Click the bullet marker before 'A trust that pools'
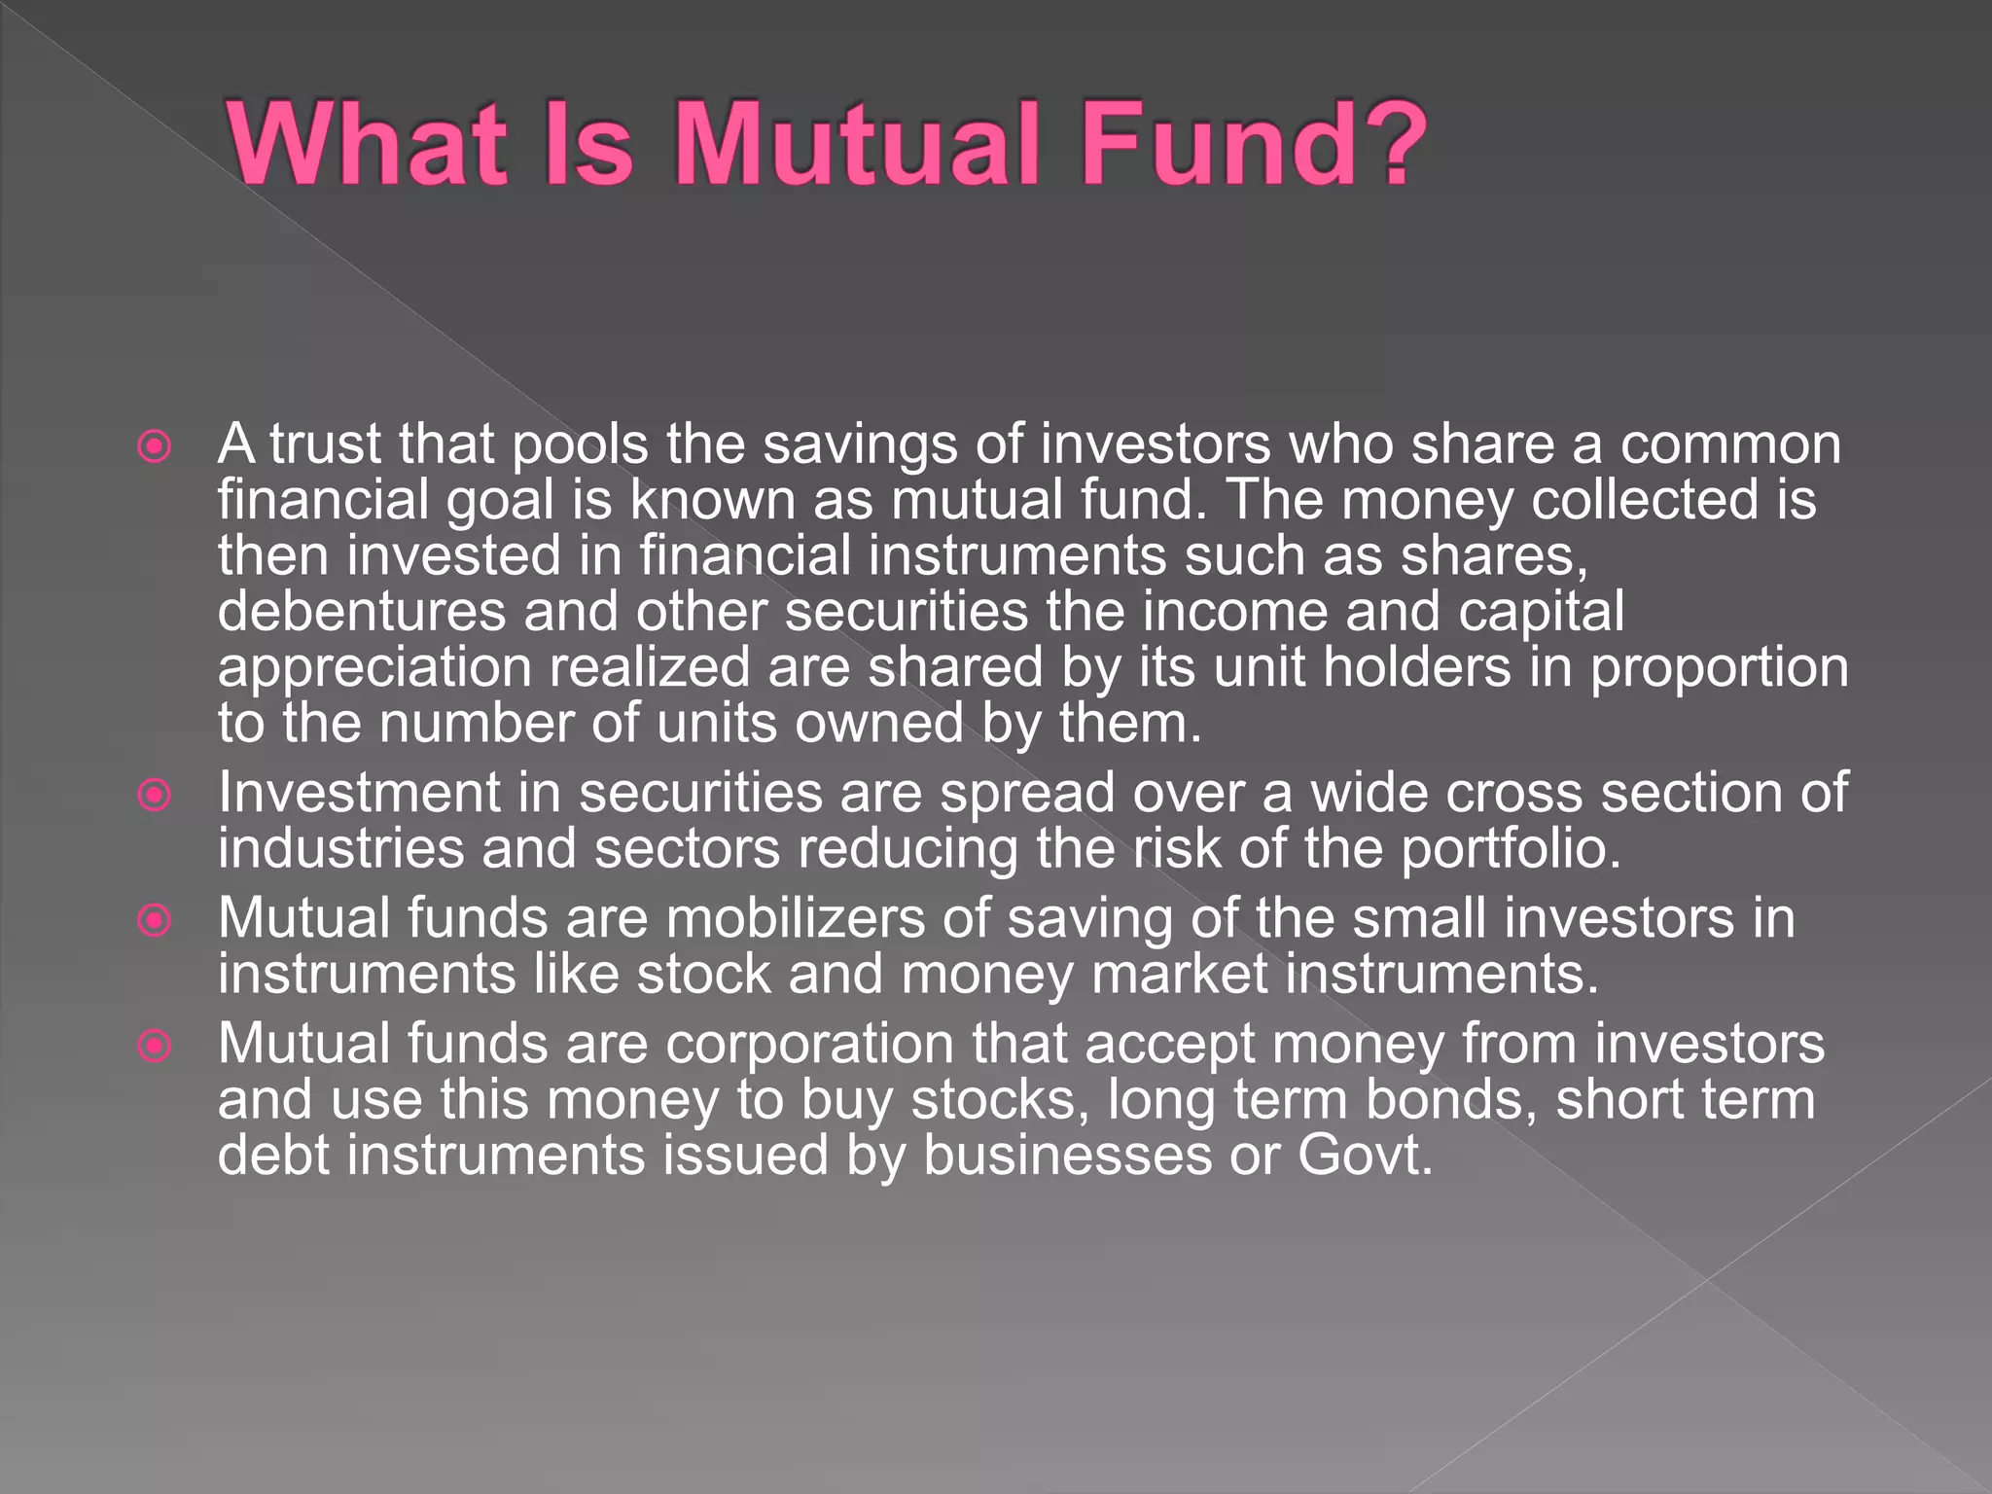[155, 447]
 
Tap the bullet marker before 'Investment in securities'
[155, 796]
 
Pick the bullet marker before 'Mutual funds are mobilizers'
[155, 920]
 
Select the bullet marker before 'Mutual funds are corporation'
[155, 1046]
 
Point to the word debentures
[362, 612]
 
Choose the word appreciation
[374, 668]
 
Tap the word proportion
[1719, 668]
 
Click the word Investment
[359, 793]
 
